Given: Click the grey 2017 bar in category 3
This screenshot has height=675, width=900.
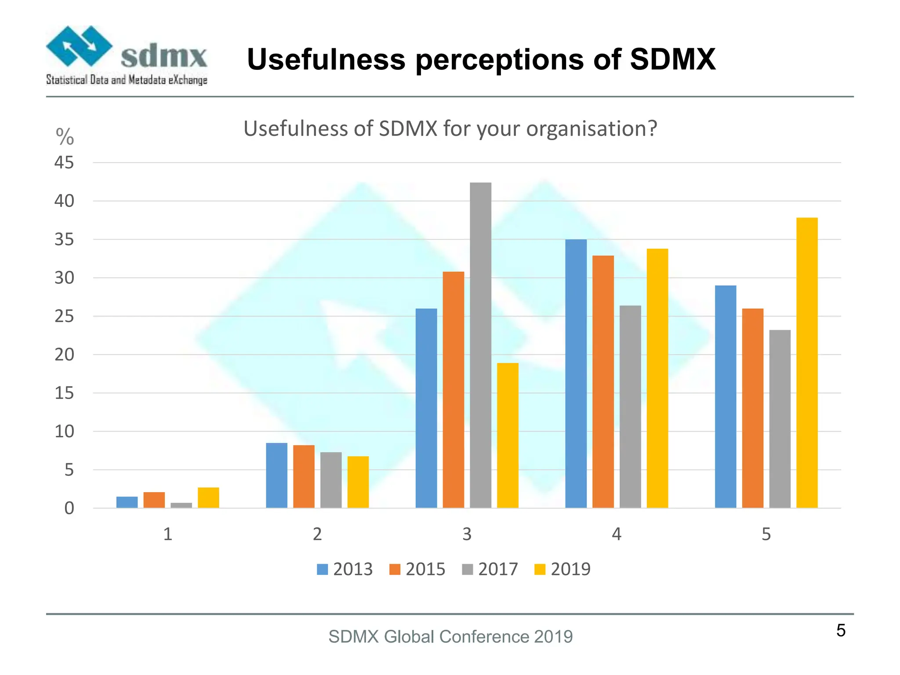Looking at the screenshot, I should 480,345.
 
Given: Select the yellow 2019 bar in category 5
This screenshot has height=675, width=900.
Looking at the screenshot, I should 807,363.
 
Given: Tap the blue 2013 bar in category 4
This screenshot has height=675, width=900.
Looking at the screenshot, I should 576,374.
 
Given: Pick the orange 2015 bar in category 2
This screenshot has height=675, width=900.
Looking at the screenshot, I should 304,476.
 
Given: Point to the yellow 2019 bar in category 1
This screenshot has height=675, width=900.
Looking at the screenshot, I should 208,497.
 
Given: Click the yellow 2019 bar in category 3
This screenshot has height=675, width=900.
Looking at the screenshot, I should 508,435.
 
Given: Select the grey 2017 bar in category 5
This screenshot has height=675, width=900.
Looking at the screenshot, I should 780,419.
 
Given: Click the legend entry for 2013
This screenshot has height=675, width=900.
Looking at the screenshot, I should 345,569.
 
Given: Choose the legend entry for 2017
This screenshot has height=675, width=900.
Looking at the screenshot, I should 490,569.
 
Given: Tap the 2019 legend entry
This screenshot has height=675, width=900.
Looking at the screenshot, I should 562,569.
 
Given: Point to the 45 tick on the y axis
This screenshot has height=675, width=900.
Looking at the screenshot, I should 64,163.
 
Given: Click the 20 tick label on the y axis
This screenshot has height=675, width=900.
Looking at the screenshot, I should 64,355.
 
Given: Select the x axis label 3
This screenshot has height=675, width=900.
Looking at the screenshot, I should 467,534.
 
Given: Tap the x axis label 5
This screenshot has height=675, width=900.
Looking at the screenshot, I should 766,534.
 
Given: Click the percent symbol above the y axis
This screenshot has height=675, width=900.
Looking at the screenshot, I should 65,137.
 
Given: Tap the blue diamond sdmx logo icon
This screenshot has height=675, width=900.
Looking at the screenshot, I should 79,46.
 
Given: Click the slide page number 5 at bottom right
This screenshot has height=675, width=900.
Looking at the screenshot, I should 841,631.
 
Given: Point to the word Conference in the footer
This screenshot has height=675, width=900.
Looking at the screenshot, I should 484,637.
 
